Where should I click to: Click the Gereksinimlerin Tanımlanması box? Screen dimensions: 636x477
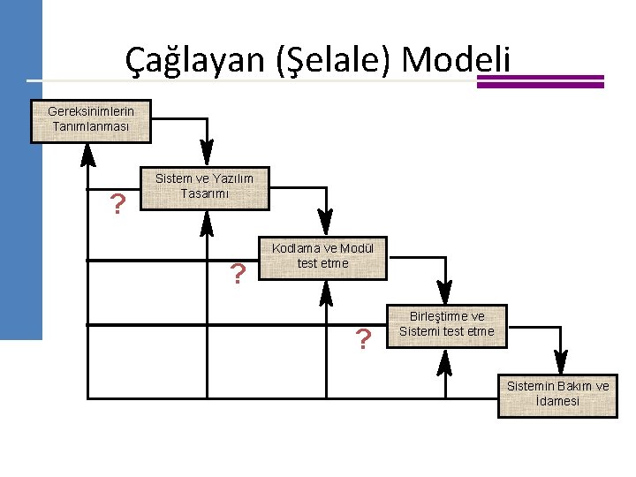point(90,121)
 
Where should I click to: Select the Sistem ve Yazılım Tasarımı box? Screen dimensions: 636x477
point(204,188)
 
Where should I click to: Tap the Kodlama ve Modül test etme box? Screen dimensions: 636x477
point(322,257)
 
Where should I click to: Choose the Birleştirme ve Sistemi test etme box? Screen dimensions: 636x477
point(447,326)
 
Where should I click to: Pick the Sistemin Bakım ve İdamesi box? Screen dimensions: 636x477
point(556,395)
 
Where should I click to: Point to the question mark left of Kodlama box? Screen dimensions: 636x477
point(237,275)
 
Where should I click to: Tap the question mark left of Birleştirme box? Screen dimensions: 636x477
point(362,338)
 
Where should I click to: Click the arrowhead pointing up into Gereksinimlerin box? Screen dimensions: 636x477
point(87,155)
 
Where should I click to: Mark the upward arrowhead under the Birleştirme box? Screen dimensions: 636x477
point(445,360)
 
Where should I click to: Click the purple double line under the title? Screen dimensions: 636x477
point(541,81)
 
